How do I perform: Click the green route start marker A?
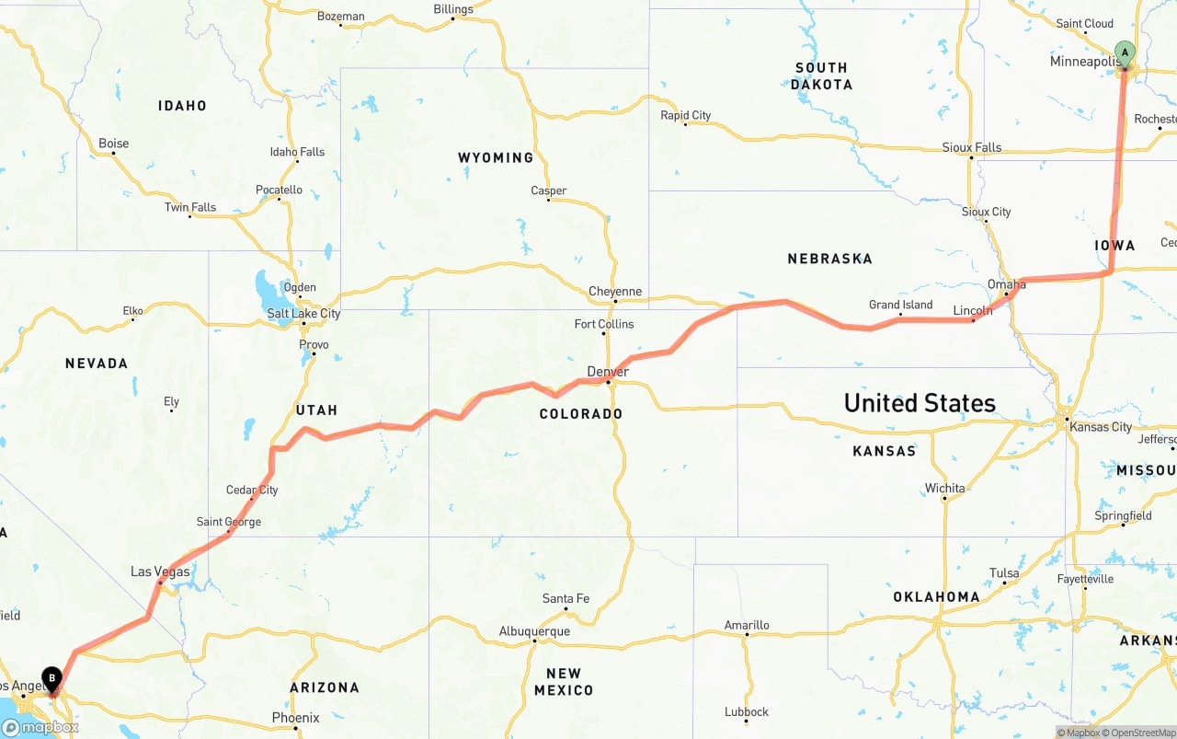coord(1124,53)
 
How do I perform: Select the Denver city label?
coord(608,372)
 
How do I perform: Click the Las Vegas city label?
coord(160,572)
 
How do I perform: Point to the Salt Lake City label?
coord(303,314)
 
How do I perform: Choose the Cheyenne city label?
coord(615,292)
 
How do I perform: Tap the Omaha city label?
coord(1006,284)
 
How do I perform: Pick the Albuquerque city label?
coord(534,631)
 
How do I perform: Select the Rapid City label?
coord(686,115)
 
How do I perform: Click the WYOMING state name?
coord(496,157)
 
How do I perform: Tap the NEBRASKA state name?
coord(829,259)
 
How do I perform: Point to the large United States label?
coord(920,403)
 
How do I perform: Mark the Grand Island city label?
coord(900,305)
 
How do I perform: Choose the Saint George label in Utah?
coord(229,522)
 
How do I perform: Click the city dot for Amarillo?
coord(747,635)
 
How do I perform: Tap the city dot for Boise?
coord(113,154)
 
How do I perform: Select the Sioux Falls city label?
coord(972,147)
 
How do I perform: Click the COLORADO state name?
coord(581,414)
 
